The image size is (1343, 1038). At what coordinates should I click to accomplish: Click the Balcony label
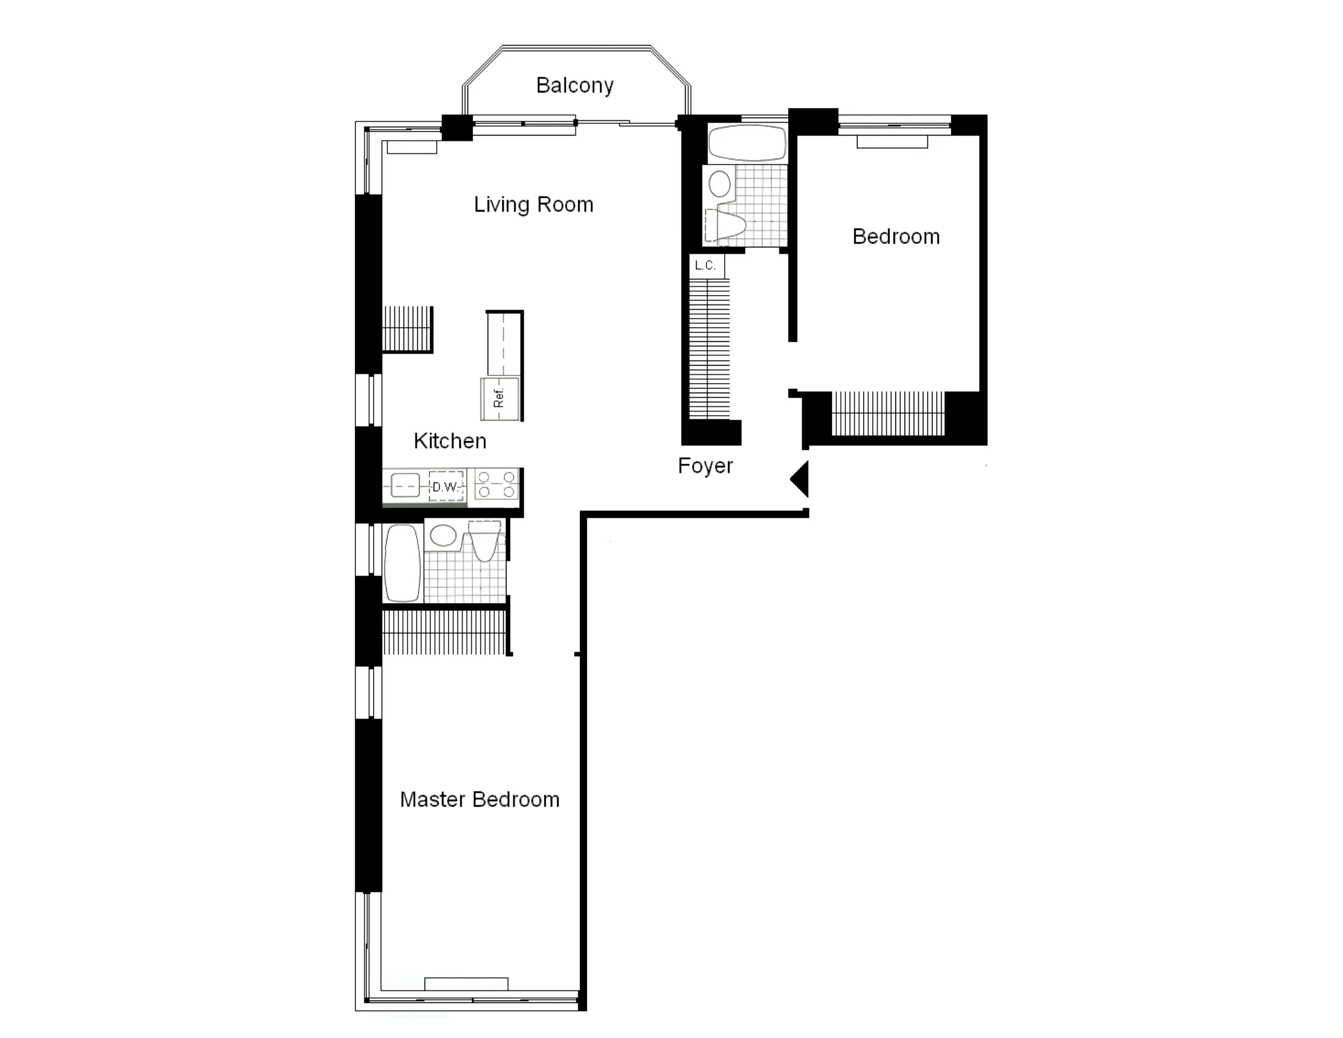pos(574,85)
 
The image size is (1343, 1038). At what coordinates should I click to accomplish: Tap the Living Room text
pos(533,205)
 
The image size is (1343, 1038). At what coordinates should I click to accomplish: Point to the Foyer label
pos(705,466)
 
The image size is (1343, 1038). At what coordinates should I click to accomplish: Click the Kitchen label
pos(450,441)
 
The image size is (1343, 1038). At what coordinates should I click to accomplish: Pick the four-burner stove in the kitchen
pos(496,484)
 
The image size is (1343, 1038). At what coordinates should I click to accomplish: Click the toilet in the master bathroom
pos(485,541)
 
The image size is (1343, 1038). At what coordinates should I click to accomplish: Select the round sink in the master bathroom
pos(443,535)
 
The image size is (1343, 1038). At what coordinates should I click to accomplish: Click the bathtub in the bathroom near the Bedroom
pos(746,143)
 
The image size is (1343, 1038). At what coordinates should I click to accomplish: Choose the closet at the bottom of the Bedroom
pos(888,413)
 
